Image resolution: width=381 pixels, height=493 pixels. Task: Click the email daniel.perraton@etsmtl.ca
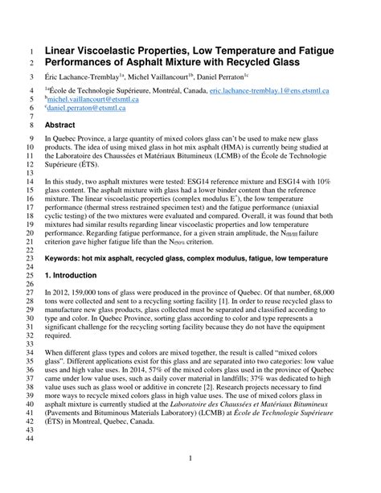point(85,107)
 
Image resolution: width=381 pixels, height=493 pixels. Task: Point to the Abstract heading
point(60,125)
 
